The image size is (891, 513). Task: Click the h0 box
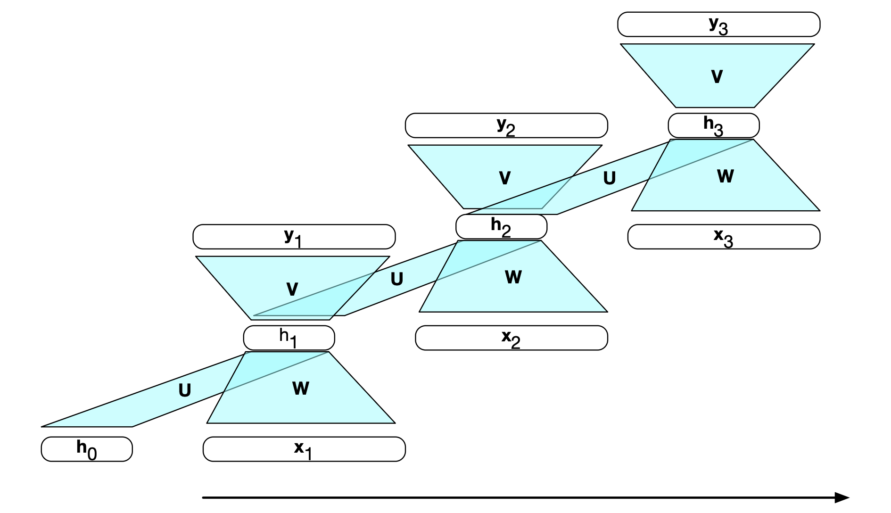point(87,449)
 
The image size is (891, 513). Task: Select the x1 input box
point(304,449)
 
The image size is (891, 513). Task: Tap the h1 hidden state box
point(289,338)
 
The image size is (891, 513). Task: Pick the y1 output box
point(294,237)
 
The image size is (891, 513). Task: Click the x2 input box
point(511,338)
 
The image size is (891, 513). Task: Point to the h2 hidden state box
point(501,227)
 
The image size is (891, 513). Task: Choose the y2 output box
point(506,125)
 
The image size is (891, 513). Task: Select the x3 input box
point(724,237)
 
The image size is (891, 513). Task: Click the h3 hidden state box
point(713,125)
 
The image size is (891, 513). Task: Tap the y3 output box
point(718,25)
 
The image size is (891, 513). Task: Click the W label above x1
point(301,389)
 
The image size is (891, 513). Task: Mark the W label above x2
point(513,277)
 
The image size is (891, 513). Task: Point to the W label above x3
point(726,176)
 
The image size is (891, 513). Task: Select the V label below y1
point(292,289)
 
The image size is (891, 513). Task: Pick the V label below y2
point(505,178)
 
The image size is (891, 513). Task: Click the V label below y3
point(717,76)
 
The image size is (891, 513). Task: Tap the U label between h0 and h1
point(185,390)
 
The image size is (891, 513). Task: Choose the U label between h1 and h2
point(397,279)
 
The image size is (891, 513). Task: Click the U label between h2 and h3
point(610,178)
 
